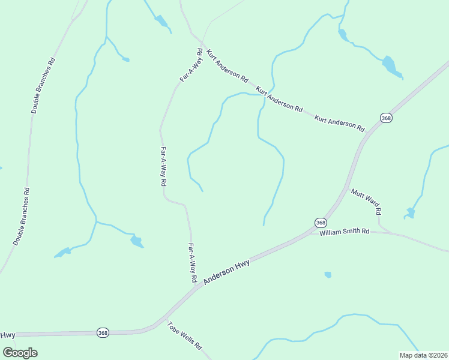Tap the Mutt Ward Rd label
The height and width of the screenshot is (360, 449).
[x=366, y=202]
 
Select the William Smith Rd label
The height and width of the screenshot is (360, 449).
[x=344, y=232]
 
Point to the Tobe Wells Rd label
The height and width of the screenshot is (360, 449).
[x=185, y=337]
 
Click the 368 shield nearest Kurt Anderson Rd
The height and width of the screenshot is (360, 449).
[x=386, y=118]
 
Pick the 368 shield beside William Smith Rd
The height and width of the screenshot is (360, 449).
[x=321, y=223]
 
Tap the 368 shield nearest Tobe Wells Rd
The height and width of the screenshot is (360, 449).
[x=103, y=332]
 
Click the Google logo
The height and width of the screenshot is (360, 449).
[x=20, y=352]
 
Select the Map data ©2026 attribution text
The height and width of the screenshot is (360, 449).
[x=423, y=355]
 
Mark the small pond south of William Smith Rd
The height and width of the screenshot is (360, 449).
[x=328, y=275]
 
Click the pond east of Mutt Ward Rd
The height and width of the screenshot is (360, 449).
[x=411, y=212]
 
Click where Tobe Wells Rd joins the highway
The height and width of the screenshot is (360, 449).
[x=163, y=318]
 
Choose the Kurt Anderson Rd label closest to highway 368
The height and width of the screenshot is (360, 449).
[x=340, y=122]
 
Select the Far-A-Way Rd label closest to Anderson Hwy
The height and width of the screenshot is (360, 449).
[x=193, y=263]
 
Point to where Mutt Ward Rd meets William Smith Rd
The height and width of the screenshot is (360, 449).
[x=384, y=231]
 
